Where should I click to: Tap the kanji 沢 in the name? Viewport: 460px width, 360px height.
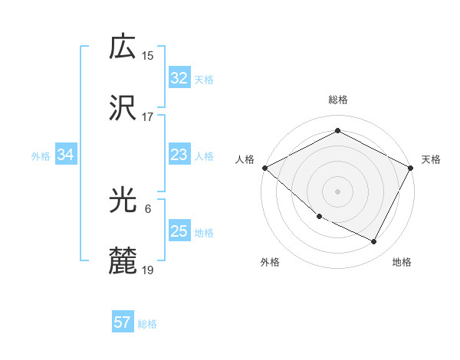click(x=123, y=109)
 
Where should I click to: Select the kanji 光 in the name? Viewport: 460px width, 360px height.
click(x=123, y=201)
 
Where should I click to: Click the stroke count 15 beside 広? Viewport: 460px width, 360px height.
click(x=148, y=56)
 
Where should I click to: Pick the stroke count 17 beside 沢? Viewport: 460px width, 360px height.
click(x=148, y=117)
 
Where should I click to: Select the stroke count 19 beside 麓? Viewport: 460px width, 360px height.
click(x=148, y=270)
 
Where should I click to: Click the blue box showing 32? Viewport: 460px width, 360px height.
click(x=179, y=78)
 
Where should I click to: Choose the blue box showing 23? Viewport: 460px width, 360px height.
click(x=179, y=155)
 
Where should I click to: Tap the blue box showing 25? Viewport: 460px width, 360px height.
click(x=179, y=232)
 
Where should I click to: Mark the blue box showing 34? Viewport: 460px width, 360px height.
click(x=66, y=155)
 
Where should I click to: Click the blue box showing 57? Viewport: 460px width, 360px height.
click(x=123, y=322)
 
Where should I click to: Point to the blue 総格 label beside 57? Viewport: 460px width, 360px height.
click(x=147, y=324)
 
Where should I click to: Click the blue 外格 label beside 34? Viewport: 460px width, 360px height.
click(x=41, y=156)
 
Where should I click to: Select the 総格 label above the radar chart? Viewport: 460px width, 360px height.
click(x=337, y=100)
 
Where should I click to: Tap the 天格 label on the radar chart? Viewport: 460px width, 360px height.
click(x=431, y=159)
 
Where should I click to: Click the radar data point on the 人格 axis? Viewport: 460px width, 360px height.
click(x=264, y=168)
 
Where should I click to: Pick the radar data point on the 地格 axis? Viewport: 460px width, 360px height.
click(x=374, y=242)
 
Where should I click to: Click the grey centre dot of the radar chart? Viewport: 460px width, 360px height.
click(x=337, y=191)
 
